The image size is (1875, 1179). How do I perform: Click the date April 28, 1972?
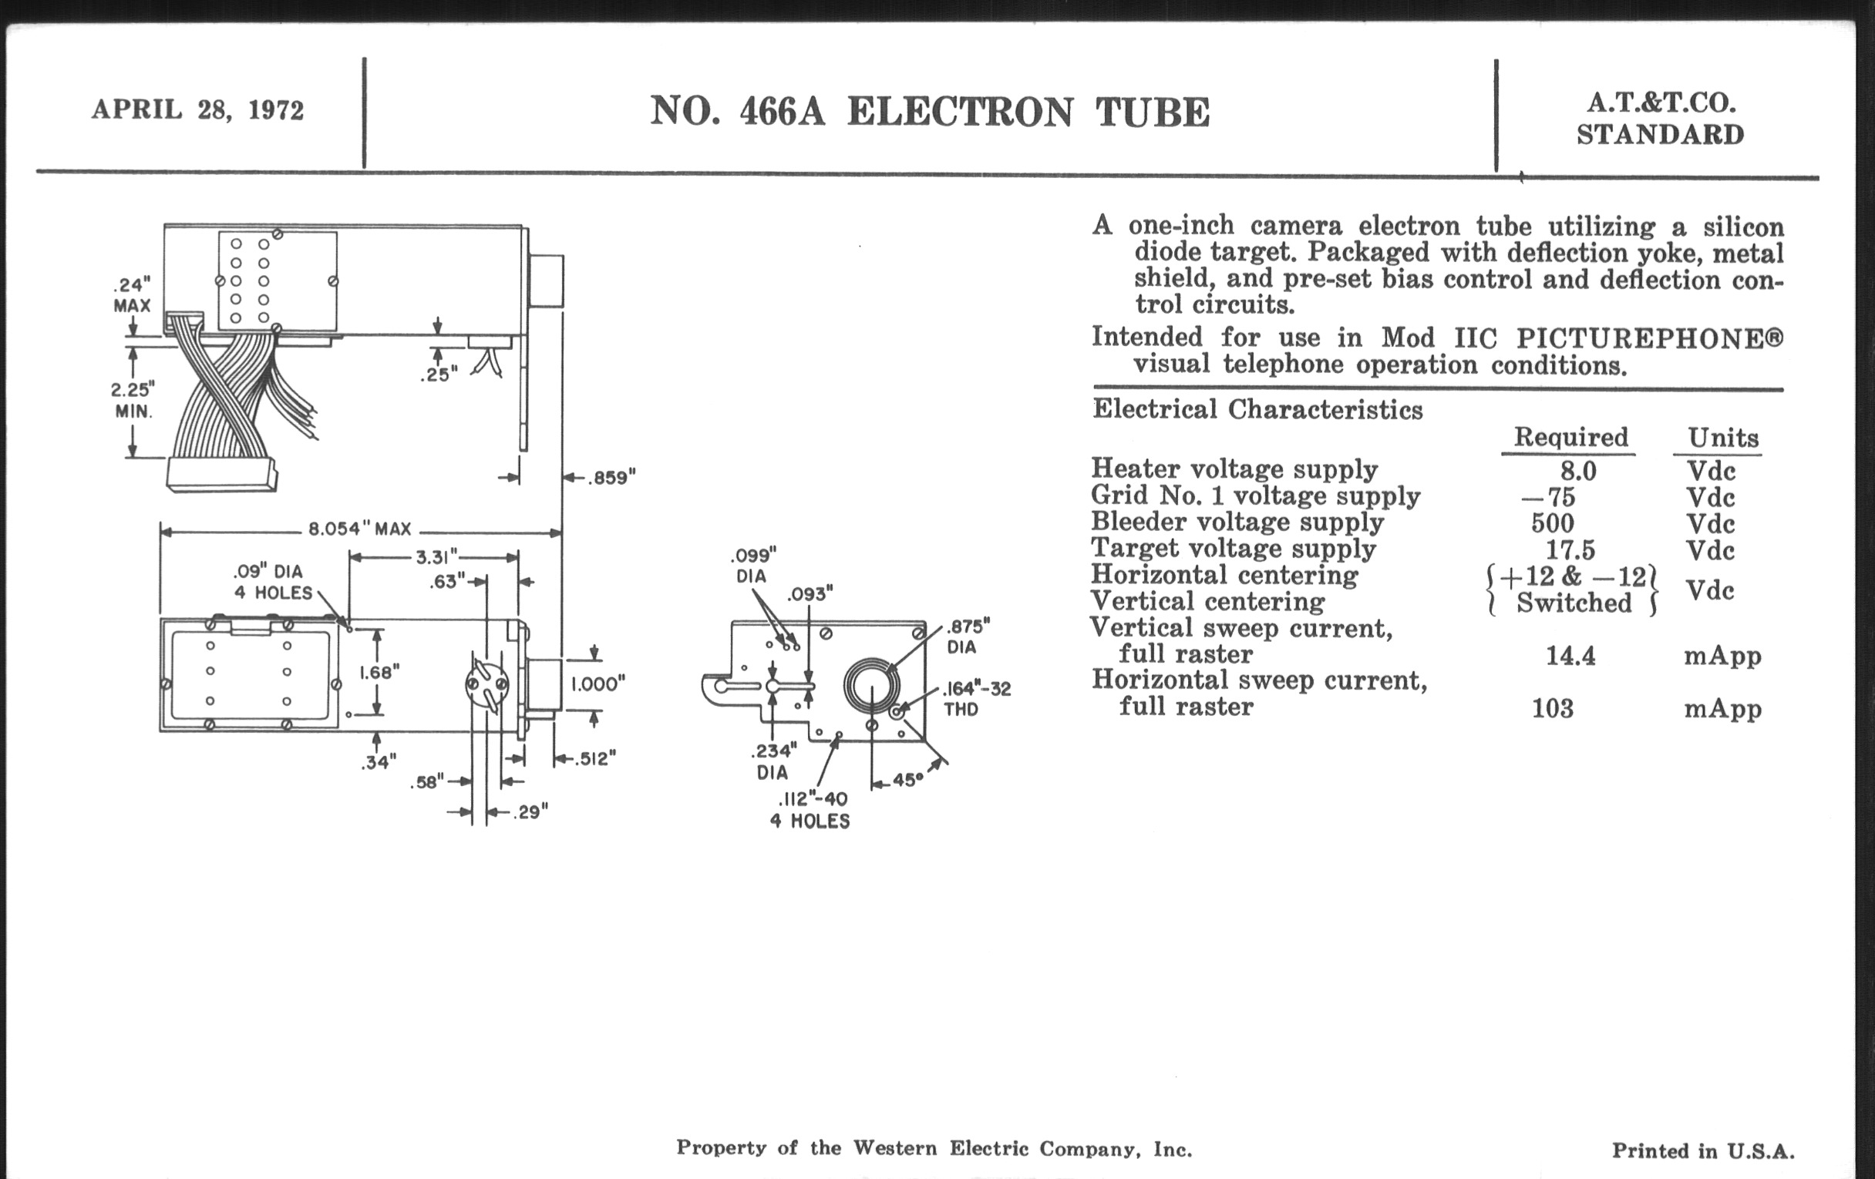point(198,109)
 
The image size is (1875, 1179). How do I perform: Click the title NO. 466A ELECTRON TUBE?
point(930,111)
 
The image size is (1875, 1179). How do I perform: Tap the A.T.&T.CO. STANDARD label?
point(1659,119)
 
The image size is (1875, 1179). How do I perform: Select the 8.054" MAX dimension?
point(360,529)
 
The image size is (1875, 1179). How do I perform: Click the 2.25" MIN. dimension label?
point(133,399)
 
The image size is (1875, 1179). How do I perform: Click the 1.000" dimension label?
point(598,684)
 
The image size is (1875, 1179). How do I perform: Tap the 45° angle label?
point(907,779)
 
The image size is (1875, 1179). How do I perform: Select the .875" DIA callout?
point(968,637)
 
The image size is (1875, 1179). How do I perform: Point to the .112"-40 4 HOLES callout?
point(811,810)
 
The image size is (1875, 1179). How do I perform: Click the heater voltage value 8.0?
point(1577,471)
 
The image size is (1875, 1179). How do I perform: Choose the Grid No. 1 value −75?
point(1548,497)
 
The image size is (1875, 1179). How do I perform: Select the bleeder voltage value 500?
point(1553,523)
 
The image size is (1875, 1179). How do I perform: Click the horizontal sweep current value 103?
point(1553,708)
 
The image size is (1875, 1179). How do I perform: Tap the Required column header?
point(1570,438)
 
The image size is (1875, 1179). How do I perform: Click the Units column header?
point(1722,438)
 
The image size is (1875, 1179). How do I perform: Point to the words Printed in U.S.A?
point(1702,1151)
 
